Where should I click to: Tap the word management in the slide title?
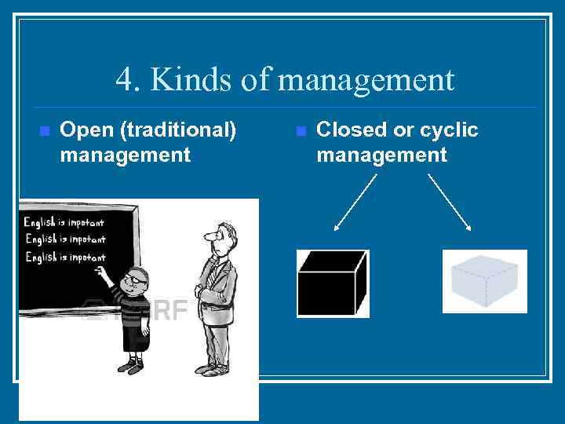(366, 79)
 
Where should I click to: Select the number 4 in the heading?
(124, 79)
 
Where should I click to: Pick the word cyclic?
(449, 130)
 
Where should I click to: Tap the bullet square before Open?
(44, 130)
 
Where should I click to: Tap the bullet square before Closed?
(300, 130)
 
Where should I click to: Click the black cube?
(332, 283)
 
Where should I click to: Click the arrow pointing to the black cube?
(355, 203)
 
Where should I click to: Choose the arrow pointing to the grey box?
(450, 203)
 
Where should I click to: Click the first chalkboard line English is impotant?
(64, 222)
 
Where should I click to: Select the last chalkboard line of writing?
(65, 258)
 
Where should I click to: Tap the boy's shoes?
(133, 365)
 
